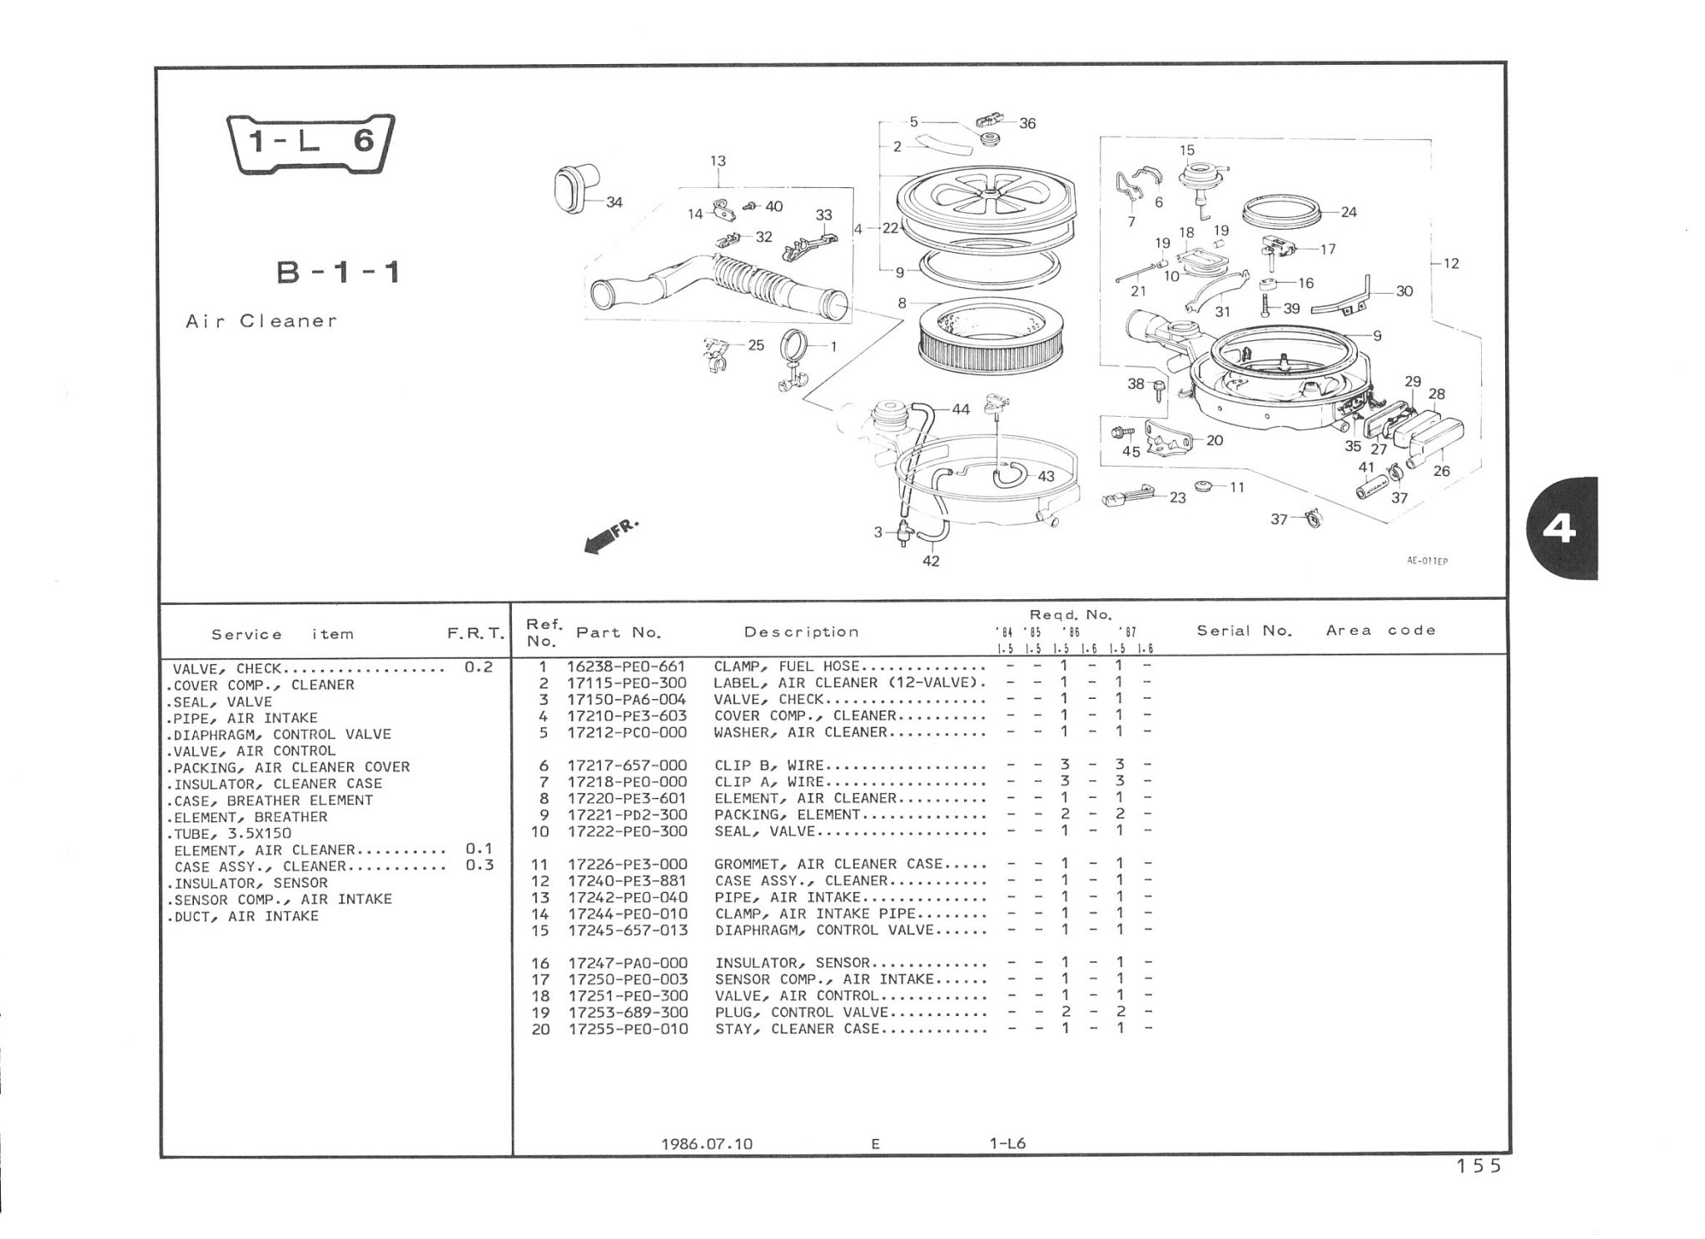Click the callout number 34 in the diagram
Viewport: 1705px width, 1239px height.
[614, 202]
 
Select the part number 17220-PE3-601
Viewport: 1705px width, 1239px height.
[627, 798]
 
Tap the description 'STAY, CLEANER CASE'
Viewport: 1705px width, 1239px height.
[797, 1029]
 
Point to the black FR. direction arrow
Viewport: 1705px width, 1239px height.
[610, 536]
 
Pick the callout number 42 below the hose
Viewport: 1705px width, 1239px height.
[931, 562]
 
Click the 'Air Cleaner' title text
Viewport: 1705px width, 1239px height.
[261, 321]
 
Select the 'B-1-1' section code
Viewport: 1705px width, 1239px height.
[338, 272]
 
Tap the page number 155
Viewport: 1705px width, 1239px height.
[1479, 1167]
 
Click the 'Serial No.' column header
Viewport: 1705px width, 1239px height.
[1244, 631]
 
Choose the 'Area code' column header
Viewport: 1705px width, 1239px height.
[1381, 631]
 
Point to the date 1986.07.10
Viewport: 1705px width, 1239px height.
[707, 1143]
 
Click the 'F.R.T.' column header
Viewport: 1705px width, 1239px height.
[475, 634]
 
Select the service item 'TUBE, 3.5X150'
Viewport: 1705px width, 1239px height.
[232, 834]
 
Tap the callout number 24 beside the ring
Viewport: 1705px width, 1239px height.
[1349, 212]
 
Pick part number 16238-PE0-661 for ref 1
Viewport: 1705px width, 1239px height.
[627, 667]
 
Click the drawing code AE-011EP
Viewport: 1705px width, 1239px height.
[1428, 561]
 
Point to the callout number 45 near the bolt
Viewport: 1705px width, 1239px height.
[1131, 452]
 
